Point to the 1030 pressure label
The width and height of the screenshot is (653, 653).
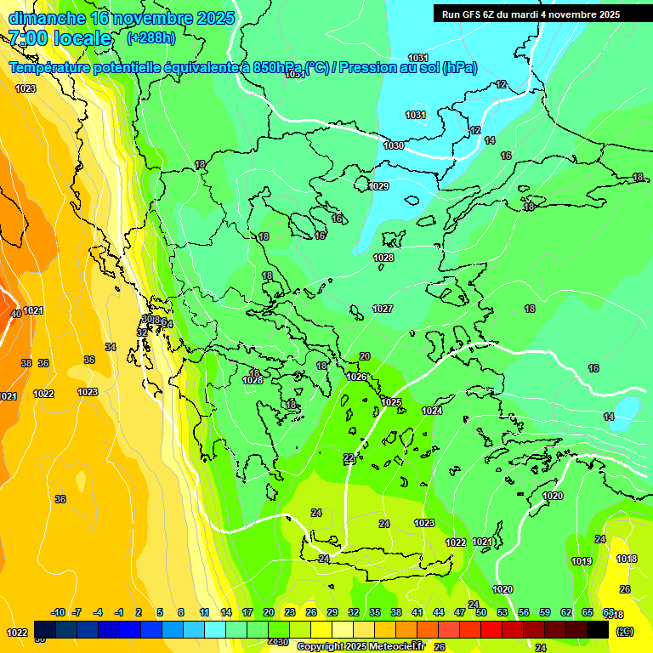click(x=394, y=145)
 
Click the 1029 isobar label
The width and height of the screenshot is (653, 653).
click(x=378, y=186)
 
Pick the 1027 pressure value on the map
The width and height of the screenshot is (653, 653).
click(x=383, y=309)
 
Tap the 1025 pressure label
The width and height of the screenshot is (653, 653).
click(x=391, y=402)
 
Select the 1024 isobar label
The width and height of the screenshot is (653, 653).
click(x=432, y=411)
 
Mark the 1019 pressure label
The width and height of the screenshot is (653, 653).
click(x=582, y=561)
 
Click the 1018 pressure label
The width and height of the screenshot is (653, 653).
click(x=627, y=559)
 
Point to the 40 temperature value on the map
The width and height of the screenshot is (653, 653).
click(x=15, y=314)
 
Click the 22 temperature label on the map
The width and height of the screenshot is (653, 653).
click(x=349, y=458)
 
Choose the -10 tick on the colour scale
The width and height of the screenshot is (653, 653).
click(x=58, y=612)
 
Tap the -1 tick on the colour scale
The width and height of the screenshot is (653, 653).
click(x=119, y=612)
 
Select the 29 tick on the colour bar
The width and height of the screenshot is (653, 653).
click(x=332, y=612)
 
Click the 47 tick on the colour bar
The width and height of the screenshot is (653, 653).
click(x=460, y=612)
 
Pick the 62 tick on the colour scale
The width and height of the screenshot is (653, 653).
click(x=566, y=612)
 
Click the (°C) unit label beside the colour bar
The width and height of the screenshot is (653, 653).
click(x=625, y=631)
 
